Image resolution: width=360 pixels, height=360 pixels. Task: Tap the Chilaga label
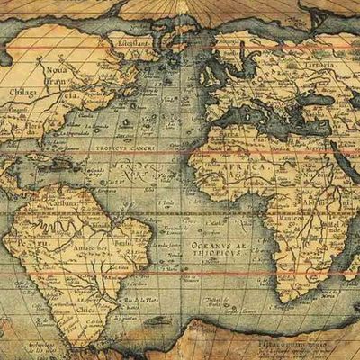[x=22, y=91]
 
